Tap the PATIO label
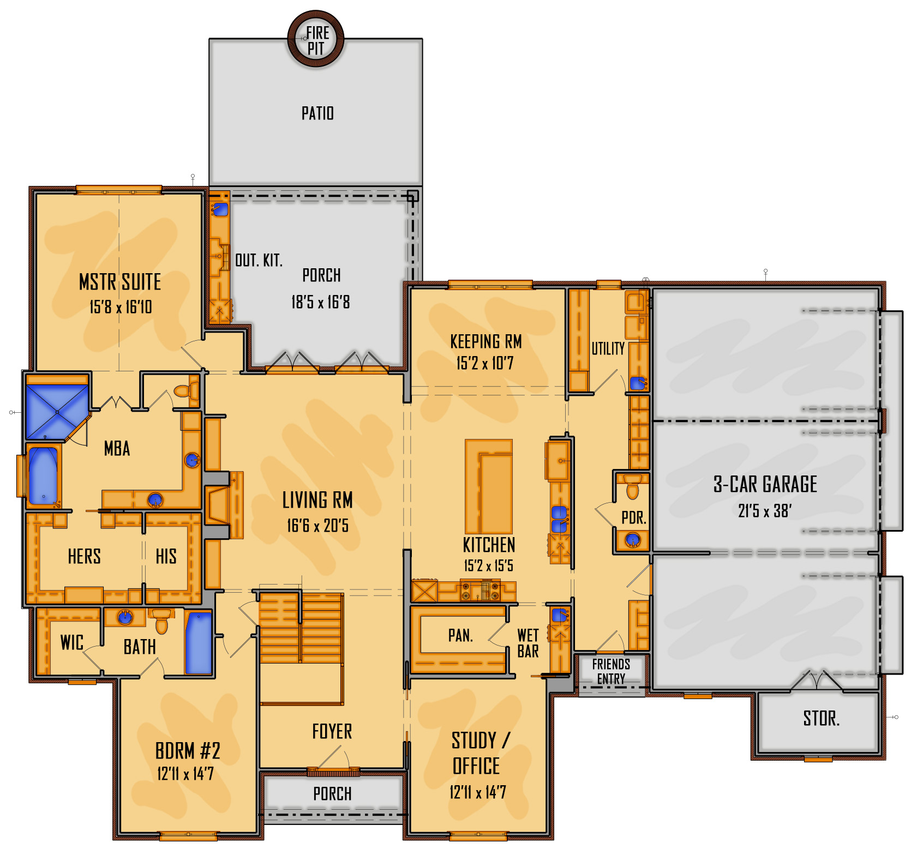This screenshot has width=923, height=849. point(317,113)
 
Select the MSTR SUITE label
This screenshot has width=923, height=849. point(120,282)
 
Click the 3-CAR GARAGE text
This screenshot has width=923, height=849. point(765,484)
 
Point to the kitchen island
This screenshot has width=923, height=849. point(489,486)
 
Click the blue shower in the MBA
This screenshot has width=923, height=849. point(57,412)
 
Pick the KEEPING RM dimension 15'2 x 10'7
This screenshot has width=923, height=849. point(485,363)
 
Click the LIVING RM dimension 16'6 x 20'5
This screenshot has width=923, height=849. point(317,526)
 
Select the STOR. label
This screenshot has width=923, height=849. point(821,718)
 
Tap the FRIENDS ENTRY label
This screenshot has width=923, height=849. point(611,671)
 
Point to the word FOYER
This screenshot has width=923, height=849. point(332,731)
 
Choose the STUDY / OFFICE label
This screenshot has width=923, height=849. point(479,753)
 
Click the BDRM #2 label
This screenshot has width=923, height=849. point(188,751)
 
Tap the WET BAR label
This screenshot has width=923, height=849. point(528,643)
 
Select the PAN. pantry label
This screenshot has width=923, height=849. point(460,635)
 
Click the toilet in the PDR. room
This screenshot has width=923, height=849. point(633,487)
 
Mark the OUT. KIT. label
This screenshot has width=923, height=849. point(259,260)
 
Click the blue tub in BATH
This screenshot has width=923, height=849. point(199,643)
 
